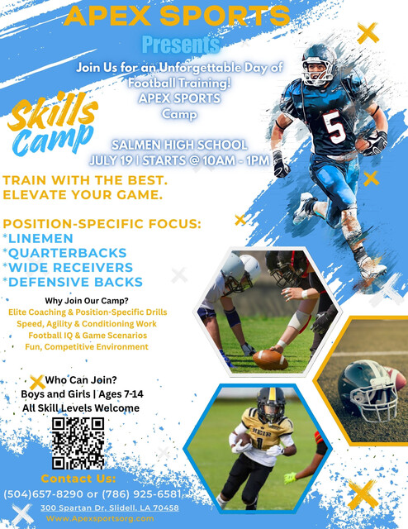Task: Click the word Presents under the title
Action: coord(181,45)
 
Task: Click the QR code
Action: coord(78,443)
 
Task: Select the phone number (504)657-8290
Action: coord(43,494)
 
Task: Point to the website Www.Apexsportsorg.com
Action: coord(100,518)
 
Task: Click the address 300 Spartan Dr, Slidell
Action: coord(110,508)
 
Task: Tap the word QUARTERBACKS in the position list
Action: coord(68,253)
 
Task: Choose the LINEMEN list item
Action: coord(40,238)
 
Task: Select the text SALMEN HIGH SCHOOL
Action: coord(179,145)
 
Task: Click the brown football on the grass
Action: coord(270,360)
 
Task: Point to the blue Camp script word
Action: coord(53,140)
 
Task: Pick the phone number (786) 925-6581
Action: coord(141,494)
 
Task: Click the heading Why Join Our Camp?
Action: coord(87,301)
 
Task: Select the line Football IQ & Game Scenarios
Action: coord(88,336)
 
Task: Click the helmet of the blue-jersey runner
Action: coord(318,64)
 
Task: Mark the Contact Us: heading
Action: coord(78,479)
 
